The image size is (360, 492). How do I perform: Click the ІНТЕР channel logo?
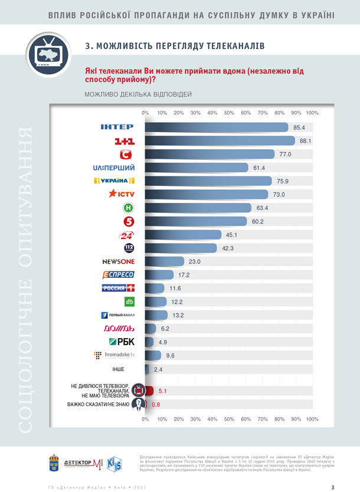[x=117, y=126]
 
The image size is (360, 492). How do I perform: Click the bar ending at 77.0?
[x=210, y=155]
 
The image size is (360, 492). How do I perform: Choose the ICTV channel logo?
[x=120, y=193]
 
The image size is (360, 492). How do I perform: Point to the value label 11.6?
[x=175, y=288]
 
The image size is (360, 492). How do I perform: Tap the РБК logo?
[x=122, y=342]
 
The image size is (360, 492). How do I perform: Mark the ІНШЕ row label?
[x=119, y=369]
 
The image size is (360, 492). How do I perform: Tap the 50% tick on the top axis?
[x=229, y=112]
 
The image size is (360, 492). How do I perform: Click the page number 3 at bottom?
[x=333, y=487]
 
